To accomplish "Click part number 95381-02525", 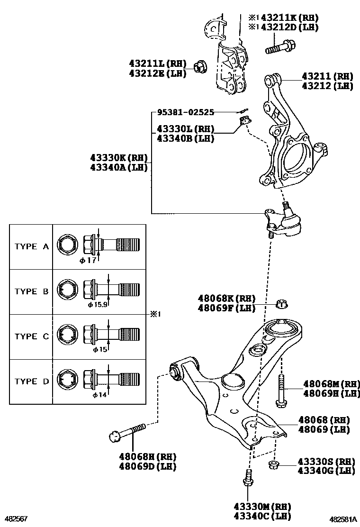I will (x=186, y=112).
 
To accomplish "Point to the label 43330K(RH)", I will (x=119, y=157).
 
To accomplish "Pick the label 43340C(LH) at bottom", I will (x=262, y=516).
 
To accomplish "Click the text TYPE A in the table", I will (x=32, y=246).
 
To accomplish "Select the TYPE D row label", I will (x=32, y=381).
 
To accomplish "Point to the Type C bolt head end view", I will (x=66, y=336).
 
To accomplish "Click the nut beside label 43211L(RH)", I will (x=200, y=68).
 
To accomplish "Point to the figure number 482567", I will (x=16, y=519).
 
